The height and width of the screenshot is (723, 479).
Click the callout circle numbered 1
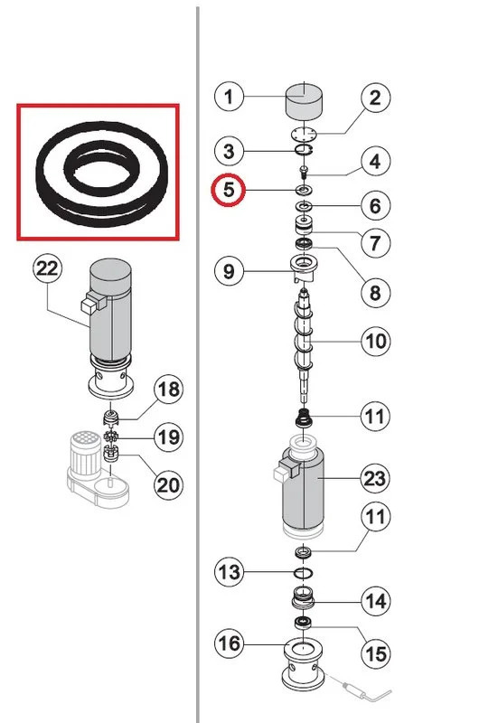pos(230,96)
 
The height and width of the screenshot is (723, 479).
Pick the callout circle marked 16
pos(230,643)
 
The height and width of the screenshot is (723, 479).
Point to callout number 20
pos(167,484)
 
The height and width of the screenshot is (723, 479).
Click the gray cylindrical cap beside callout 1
pos(304,100)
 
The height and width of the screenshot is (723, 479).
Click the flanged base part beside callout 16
pos(305,662)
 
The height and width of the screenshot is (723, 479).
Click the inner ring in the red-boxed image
pos(100,167)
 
